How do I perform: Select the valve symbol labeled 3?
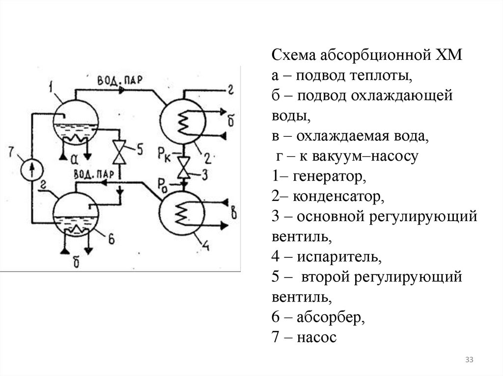pos(183,168)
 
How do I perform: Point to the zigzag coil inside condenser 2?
pos(184,122)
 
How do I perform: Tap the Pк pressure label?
pos(165,152)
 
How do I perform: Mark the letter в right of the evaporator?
pos(235,213)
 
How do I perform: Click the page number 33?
pos(469,360)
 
